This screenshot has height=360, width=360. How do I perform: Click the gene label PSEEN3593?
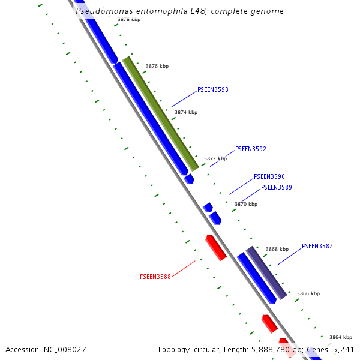pyautogui.click(x=212, y=90)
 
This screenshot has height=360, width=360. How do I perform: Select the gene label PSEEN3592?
pyautogui.click(x=250, y=149)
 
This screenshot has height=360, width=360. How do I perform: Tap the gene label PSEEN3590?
pyautogui.click(x=269, y=177)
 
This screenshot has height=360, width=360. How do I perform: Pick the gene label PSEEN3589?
pyautogui.click(x=276, y=187)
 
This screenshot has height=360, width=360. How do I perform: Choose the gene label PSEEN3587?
pyautogui.click(x=317, y=246)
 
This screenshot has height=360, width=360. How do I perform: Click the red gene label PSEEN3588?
pyautogui.click(x=155, y=277)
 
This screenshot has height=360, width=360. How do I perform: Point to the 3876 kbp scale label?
pyautogui.click(x=157, y=67)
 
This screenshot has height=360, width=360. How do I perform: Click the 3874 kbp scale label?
pyautogui.click(x=185, y=112)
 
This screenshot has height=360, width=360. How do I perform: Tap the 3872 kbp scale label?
pyautogui.click(x=215, y=159)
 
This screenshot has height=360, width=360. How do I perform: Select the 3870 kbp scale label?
pyautogui.click(x=245, y=204)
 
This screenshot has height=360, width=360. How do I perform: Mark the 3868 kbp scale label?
pyautogui.click(x=277, y=249)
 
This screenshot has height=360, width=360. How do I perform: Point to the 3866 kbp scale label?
pyautogui.click(x=308, y=294)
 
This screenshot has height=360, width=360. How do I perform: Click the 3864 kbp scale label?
pyautogui.click(x=341, y=337)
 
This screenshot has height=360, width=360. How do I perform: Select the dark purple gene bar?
pyautogui.click(x=266, y=273)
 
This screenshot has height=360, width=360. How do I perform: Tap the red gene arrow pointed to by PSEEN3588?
pyautogui.click(x=216, y=248)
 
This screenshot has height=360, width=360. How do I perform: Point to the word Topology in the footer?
pyautogui.click(x=174, y=349)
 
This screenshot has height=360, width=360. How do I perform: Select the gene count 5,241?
pyautogui.click(x=343, y=349)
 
